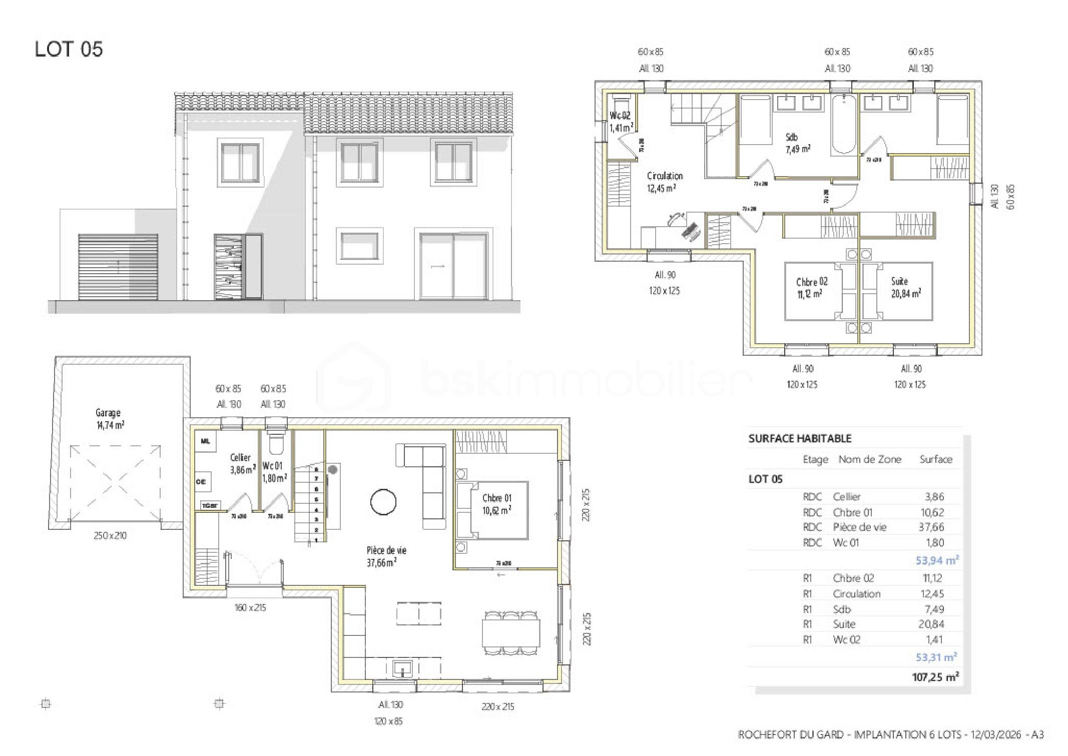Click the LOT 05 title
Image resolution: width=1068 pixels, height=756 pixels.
(69, 49)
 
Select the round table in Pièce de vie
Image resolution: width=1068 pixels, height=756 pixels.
(383, 501)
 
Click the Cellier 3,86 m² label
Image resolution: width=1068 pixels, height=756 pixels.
(242, 463)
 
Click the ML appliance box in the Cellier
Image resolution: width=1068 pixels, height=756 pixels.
(205, 441)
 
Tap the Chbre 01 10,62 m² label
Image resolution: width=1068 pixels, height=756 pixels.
(496, 504)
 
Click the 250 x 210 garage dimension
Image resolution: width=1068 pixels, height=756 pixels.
(110, 535)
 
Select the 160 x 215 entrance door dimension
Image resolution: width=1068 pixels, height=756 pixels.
(250, 607)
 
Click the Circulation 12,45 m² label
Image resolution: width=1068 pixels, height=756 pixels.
(664, 182)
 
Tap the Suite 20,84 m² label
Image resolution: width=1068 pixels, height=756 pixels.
(905, 287)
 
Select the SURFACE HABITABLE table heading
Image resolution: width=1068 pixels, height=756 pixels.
(800, 438)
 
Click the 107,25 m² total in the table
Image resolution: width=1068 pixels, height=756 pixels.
(934, 677)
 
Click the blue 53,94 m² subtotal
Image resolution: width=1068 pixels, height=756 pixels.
(936, 560)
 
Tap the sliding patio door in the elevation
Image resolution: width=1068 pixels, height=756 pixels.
(453, 266)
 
